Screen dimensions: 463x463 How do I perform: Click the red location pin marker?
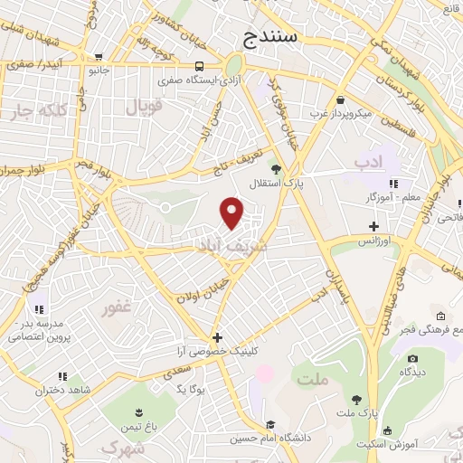click(232, 213)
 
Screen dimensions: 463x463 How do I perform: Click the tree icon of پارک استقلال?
click(276, 169)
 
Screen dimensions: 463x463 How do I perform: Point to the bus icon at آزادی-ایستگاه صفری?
click(199, 65)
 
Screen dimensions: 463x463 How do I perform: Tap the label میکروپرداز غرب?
click(340, 114)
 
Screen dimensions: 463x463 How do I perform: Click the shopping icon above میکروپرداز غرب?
click(340, 99)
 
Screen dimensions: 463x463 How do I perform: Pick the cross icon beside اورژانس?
click(373, 226)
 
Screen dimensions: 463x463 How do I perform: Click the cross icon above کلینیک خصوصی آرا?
click(217, 337)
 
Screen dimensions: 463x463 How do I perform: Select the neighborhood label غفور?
click(117, 308)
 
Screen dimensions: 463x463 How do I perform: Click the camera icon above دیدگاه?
click(412, 358)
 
